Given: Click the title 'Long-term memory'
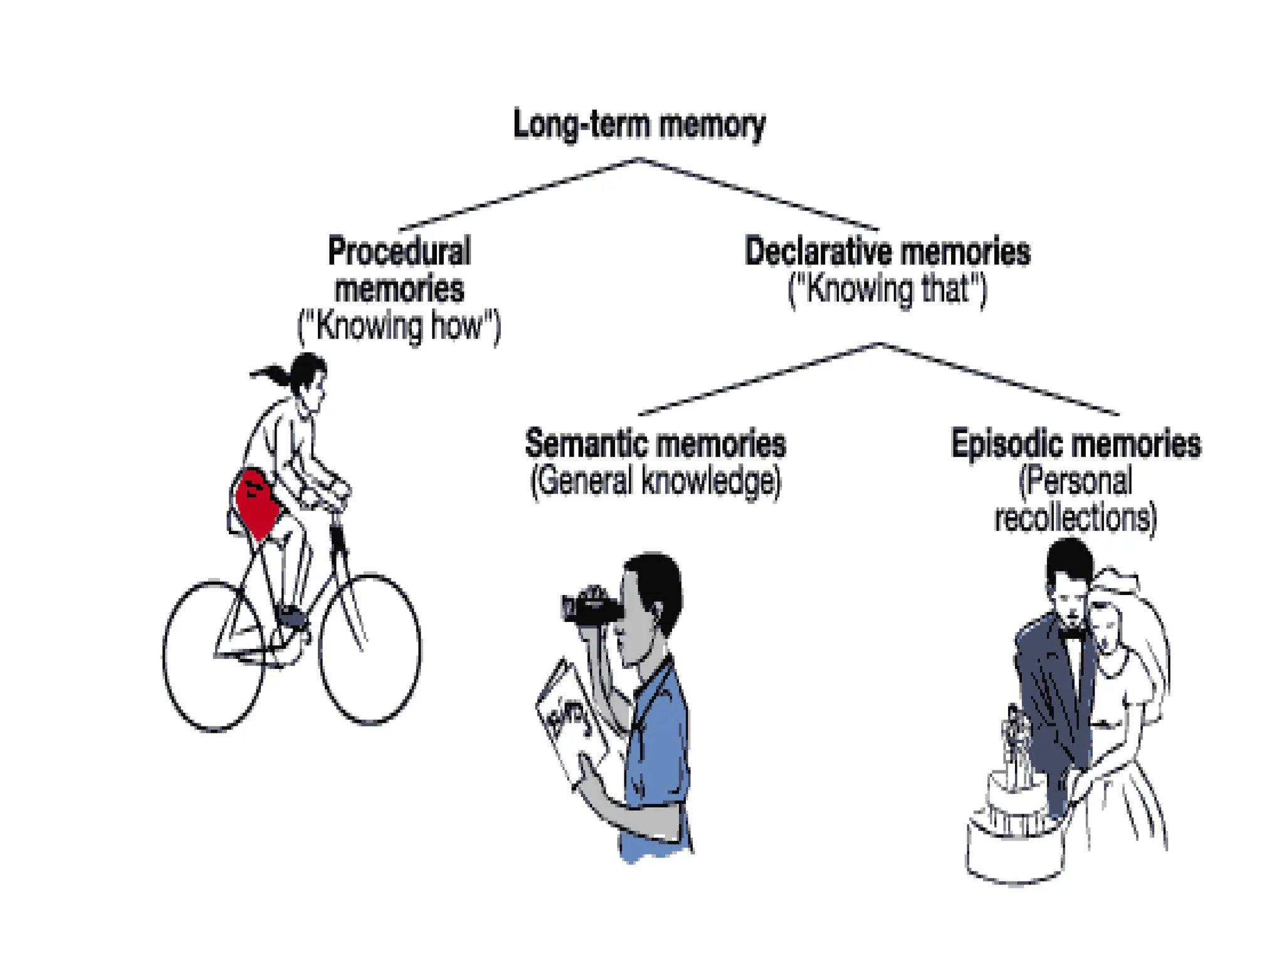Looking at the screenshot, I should (639, 124).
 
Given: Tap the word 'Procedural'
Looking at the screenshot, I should (399, 251).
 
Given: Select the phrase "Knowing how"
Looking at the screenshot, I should (399, 326).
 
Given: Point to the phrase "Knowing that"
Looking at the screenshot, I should (887, 289).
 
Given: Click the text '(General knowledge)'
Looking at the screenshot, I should (656, 481).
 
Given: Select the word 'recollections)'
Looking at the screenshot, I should (1076, 518).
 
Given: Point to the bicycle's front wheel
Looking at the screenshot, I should (370, 649).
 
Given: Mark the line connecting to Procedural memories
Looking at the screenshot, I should (520, 194).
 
